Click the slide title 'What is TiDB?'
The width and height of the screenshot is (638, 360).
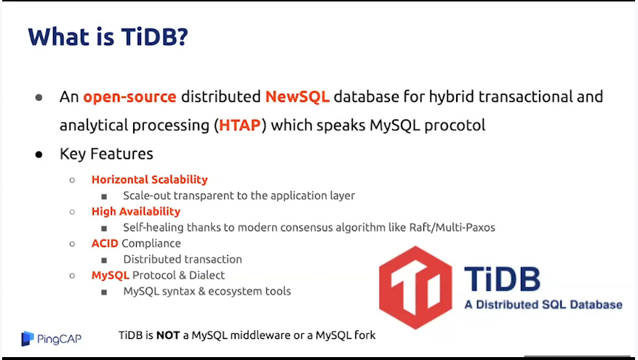click(108, 36)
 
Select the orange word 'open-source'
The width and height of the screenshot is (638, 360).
click(129, 97)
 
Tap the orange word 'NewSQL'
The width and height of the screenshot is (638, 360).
click(297, 97)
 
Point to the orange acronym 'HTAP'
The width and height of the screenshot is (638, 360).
click(239, 125)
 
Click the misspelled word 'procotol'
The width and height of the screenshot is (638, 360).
click(455, 125)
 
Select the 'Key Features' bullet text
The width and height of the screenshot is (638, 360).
click(106, 153)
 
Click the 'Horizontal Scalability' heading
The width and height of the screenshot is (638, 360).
click(149, 180)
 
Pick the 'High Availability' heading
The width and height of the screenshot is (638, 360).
click(136, 211)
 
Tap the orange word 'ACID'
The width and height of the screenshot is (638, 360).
click(105, 243)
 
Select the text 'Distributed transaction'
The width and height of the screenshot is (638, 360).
click(183, 259)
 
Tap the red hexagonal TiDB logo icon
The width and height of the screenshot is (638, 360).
click(415, 287)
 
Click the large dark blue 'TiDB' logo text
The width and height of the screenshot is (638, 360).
click(502, 279)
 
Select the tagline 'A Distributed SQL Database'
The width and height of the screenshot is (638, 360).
click(543, 305)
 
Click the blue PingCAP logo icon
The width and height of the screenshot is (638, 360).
click(27, 338)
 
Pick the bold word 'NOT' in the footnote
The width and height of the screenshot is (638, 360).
click(168, 335)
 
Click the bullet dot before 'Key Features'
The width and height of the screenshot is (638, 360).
click(39, 154)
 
